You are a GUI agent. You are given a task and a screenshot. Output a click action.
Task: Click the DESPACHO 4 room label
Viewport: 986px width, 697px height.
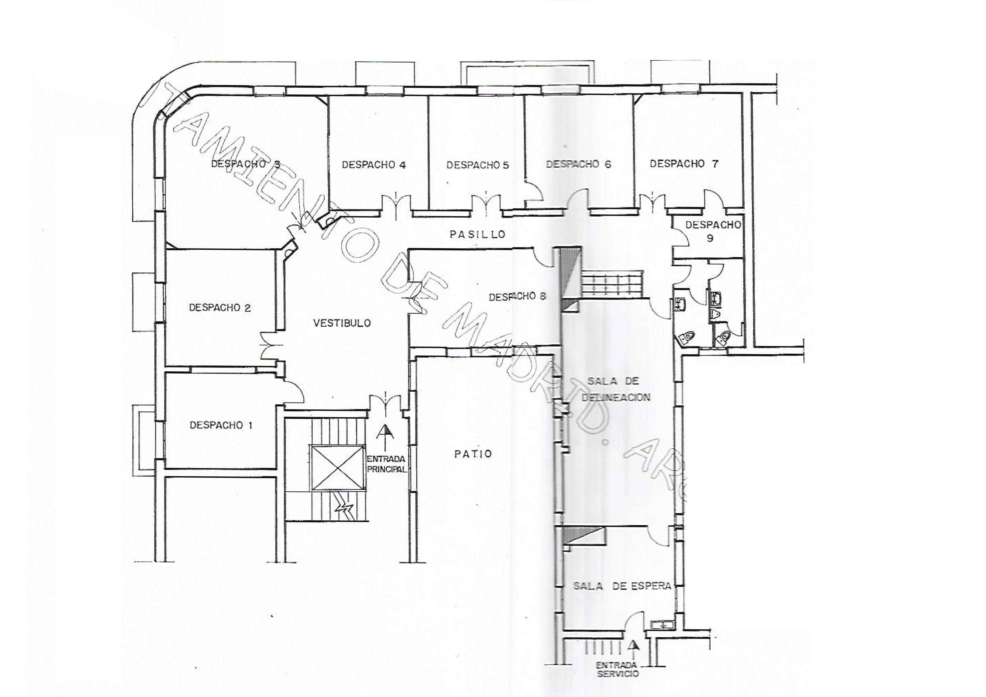[x=374, y=165]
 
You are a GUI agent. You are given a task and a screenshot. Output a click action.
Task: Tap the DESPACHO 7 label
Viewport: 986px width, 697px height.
[x=684, y=164]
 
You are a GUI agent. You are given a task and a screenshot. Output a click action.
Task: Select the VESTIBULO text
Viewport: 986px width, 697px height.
[x=342, y=323]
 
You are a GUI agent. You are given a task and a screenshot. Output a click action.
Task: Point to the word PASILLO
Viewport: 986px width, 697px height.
[x=478, y=234]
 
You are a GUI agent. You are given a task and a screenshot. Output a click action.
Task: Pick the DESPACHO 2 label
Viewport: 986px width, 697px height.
[x=220, y=308]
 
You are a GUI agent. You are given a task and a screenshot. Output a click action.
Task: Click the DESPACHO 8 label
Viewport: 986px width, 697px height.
[x=517, y=296]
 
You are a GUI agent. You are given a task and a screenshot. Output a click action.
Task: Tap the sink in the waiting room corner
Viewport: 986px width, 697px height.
[x=661, y=625]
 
